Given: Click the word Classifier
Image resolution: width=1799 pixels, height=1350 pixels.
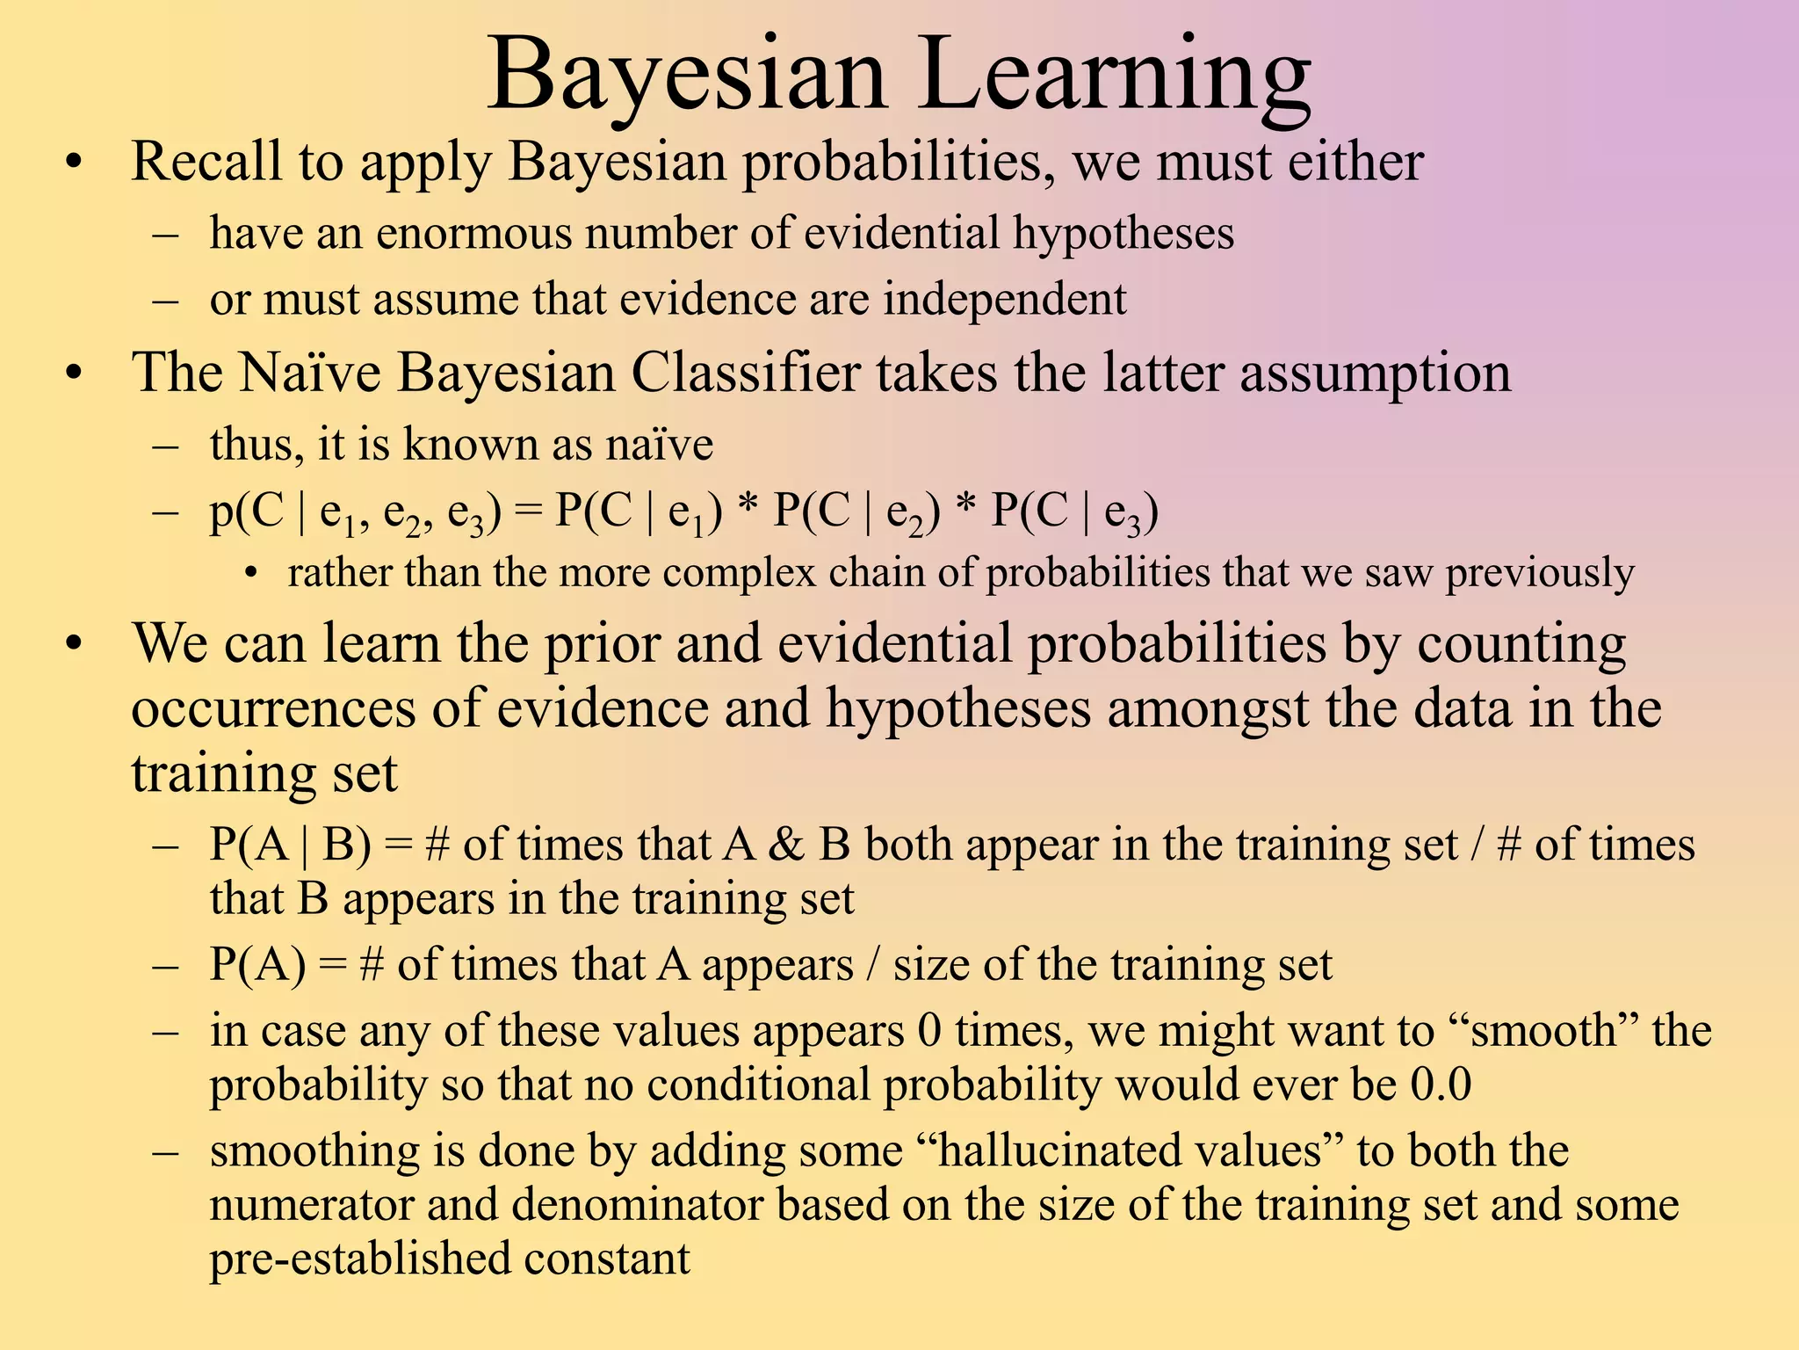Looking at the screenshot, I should pyautogui.click(x=745, y=373).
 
